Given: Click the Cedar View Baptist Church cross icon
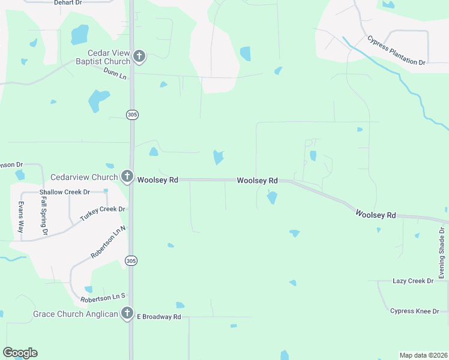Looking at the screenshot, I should point(139,57).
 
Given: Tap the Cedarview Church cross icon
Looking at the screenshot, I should point(127,177).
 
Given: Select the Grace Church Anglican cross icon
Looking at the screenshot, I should point(127,313).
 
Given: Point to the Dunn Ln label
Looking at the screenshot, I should point(115,75).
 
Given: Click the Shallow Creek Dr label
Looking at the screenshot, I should point(64,192).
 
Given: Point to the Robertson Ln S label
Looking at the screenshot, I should point(103,297).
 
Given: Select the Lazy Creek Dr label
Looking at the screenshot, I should point(412,281).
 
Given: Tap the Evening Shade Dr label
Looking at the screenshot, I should point(441,253).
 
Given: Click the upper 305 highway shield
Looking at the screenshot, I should point(131,114).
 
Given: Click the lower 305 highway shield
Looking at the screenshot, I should point(131,260).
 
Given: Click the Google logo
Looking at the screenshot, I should point(20,353).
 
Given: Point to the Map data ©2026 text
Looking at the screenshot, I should point(423,355).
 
